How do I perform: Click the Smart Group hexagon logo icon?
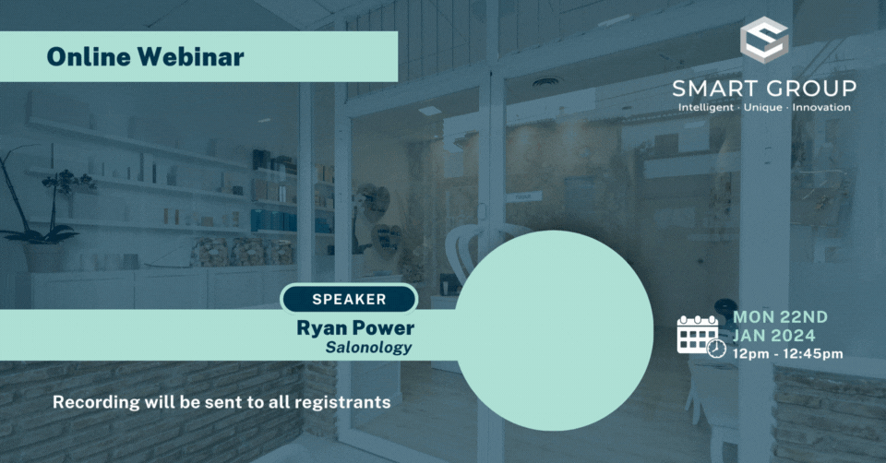point(763,42)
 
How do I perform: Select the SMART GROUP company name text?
point(764,89)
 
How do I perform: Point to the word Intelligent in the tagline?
point(705,108)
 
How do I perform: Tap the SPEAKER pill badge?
point(349,299)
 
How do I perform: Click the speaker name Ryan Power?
point(355,328)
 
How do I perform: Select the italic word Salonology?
point(368,348)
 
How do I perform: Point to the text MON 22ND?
point(780,316)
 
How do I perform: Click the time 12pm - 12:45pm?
point(787,353)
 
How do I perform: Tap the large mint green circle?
point(555,327)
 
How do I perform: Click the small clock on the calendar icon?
point(716,348)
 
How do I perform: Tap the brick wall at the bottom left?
point(138,433)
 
